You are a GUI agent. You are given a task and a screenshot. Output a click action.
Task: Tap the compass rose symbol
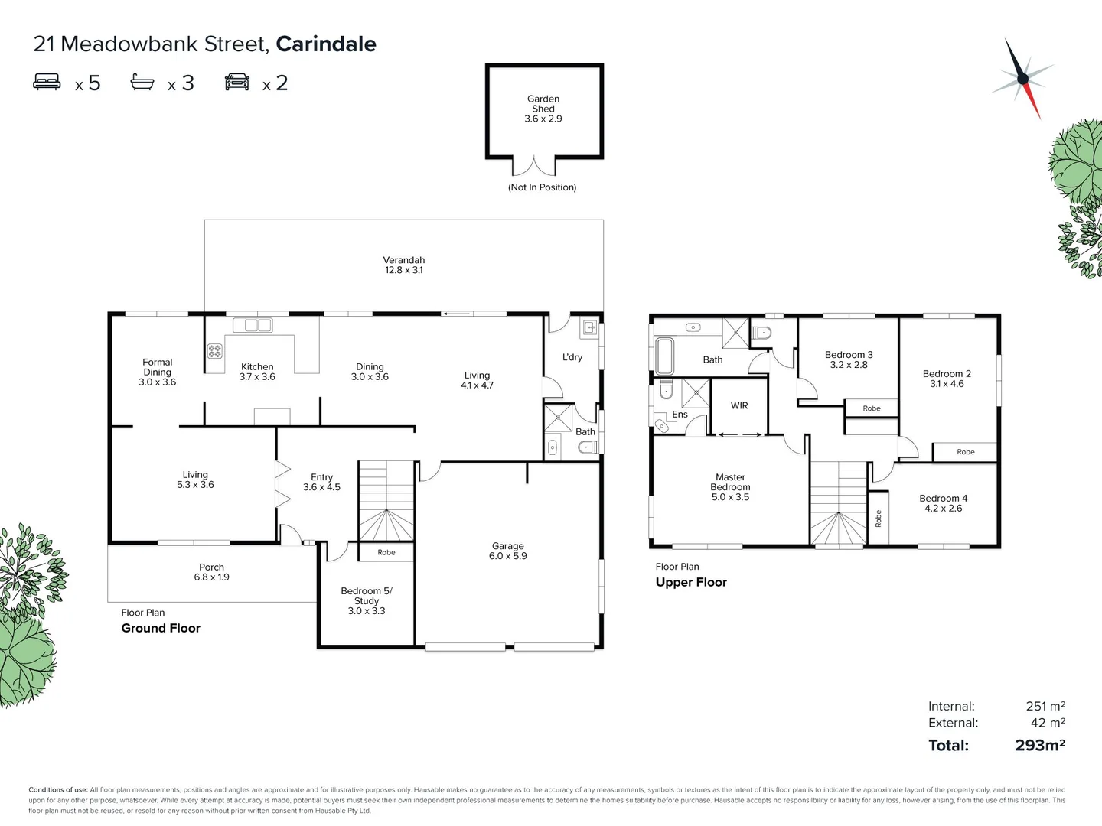point(1023,78)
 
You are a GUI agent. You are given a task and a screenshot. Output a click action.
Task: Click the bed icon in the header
point(47,82)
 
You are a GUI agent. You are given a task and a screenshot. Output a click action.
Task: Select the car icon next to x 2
point(237,82)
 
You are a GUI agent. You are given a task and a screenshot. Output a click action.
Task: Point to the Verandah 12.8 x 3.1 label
point(403,265)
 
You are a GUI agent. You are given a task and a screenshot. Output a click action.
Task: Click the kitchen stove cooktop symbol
point(215,351)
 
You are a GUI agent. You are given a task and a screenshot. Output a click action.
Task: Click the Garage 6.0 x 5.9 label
point(508,551)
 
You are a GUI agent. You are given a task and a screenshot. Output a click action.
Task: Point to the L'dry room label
point(572,357)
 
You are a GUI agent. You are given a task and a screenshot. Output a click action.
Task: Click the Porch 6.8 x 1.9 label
point(211,572)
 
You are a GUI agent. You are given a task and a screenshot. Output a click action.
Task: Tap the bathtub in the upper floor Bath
point(664,356)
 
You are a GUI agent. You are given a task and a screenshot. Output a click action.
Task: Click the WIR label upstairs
point(739,405)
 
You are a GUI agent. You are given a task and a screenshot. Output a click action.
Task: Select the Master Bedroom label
point(730,486)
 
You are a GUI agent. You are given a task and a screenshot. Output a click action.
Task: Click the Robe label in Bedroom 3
point(872,408)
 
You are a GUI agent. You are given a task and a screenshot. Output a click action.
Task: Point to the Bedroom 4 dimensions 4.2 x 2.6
point(943,508)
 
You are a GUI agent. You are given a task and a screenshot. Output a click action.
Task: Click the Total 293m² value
point(1040,745)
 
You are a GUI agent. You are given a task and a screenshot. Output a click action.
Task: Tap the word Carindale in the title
point(326,44)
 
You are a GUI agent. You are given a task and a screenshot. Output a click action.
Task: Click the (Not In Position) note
point(542,187)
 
